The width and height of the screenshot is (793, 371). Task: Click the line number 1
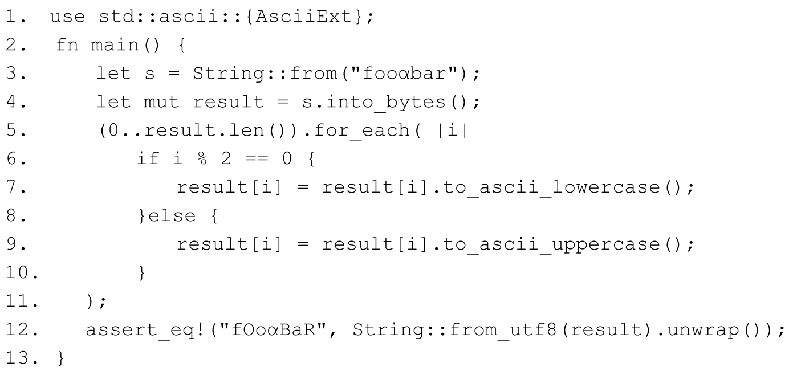click(x=13, y=17)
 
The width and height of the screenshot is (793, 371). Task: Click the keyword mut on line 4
click(x=162, y=102)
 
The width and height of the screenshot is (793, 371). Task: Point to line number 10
click(x=17, y=273)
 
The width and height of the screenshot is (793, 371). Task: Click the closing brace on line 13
click(x=61, y=358)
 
